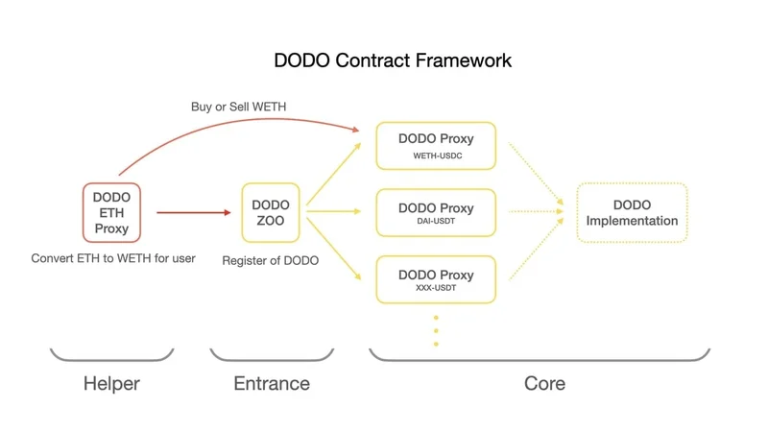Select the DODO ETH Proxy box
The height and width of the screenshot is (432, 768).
111,212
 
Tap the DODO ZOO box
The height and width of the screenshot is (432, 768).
270,212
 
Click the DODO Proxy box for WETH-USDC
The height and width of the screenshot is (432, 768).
436,146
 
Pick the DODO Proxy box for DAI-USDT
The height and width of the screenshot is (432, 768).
436,212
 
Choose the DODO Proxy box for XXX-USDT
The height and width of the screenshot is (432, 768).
436,279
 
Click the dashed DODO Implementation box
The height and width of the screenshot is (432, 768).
632,212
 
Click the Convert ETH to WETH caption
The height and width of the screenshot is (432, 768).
113,258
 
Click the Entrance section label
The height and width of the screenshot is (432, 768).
272,383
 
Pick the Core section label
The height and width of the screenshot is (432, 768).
544,383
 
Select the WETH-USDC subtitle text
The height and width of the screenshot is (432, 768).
436,156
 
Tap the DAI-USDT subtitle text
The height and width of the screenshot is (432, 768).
436,222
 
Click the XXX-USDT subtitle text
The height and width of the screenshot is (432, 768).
436,289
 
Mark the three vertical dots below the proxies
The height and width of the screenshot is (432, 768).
436,330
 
